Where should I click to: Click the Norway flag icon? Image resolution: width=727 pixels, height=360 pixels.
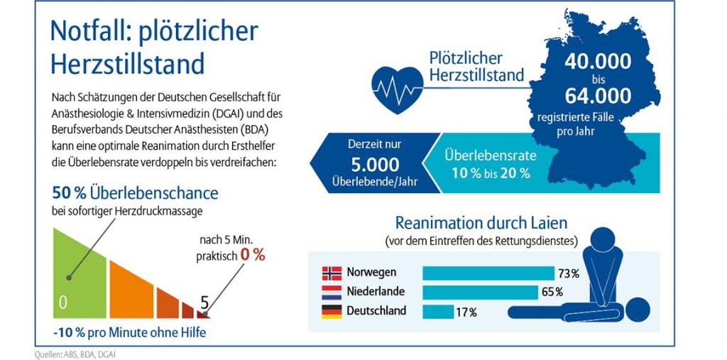tap(332, 273)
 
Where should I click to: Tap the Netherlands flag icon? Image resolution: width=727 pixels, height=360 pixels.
tap(332, 292)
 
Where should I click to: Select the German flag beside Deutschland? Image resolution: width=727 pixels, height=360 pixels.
tap(332, 311)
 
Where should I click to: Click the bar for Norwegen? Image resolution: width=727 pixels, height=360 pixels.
tap(488, 273)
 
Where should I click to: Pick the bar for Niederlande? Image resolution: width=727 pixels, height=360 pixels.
tap(480, 292)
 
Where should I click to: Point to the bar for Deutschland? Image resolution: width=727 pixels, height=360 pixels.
tap(438, 311)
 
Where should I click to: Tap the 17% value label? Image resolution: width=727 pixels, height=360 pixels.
tap(466, 312)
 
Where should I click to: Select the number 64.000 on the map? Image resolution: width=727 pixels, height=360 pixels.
tap(598, 95)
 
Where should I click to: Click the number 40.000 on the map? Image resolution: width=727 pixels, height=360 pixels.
tap(598, 62)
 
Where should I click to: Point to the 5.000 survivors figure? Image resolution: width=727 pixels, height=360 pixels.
tap(375, 165)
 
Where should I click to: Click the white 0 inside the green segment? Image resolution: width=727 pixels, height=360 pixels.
tap(62, 302)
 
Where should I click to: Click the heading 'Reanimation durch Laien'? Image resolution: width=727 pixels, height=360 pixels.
tap(481, 223)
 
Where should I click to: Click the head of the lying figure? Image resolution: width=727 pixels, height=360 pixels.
tap(636, 310)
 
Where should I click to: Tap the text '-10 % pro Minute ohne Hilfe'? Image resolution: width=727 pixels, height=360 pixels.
tap(129, 332)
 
